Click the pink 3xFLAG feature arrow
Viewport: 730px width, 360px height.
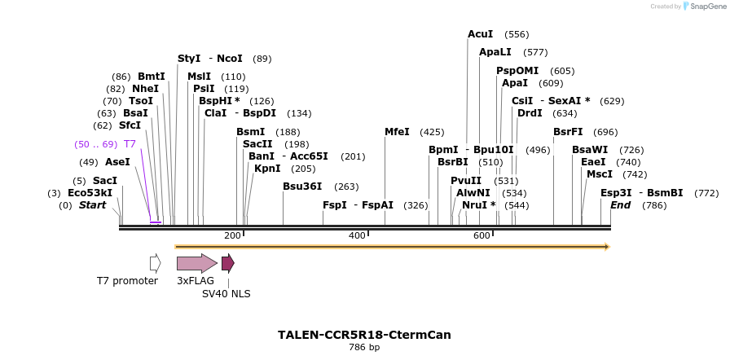pyautogui.click(x=196, y=263)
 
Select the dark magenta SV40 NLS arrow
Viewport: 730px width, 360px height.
pyautogui.click(x=228, y=263)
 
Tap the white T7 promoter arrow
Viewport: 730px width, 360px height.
pyautogui.click(x=155, y=263)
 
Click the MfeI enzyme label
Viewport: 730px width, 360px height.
pyautogui.click(x=397, y=132)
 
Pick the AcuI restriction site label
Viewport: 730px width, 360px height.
pyautogui.click(x=480, y=34)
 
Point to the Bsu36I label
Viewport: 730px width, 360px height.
pyautogui.click(x=302, y=187)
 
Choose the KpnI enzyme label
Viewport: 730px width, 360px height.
pyautogui.click(x=267, y=169)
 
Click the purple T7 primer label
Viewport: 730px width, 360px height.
pyautogui.click(x=130, y=144)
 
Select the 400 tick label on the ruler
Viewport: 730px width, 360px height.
pyautogui.click(x=357, y=236)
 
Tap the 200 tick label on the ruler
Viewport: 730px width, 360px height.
pyautogui.click(x=232, y=236)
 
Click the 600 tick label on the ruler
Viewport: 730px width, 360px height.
pyautogui.click(x=482, y=236)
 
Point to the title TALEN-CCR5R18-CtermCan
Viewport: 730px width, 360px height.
pyautogui.click(x=364, y=335)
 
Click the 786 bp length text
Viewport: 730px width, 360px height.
pyautogui.click(x=364, y=348)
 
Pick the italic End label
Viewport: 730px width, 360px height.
pyautogui.click(x=620, y=205)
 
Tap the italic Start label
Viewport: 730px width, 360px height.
pyautogui.click(x=92, y=205)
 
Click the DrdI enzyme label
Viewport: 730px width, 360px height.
pyautogui.click(x=530, y=113)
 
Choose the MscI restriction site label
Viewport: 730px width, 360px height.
pyautogui.click(x=599, y=174)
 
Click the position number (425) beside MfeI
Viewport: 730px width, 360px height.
pyautogui.click(x=432, y=132)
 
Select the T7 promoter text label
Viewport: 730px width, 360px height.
pyautogui.click(x=127, y=281)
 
